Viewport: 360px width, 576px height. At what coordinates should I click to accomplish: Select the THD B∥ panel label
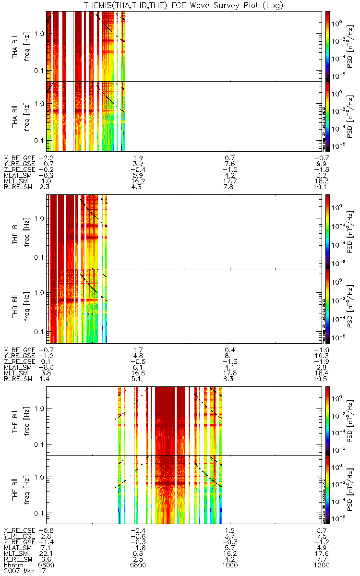(x=15, y=306)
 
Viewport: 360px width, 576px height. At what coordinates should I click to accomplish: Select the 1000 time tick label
(x=230, y=565)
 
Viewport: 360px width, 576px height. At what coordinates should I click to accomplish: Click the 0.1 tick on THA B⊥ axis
(x=38, y=71)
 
